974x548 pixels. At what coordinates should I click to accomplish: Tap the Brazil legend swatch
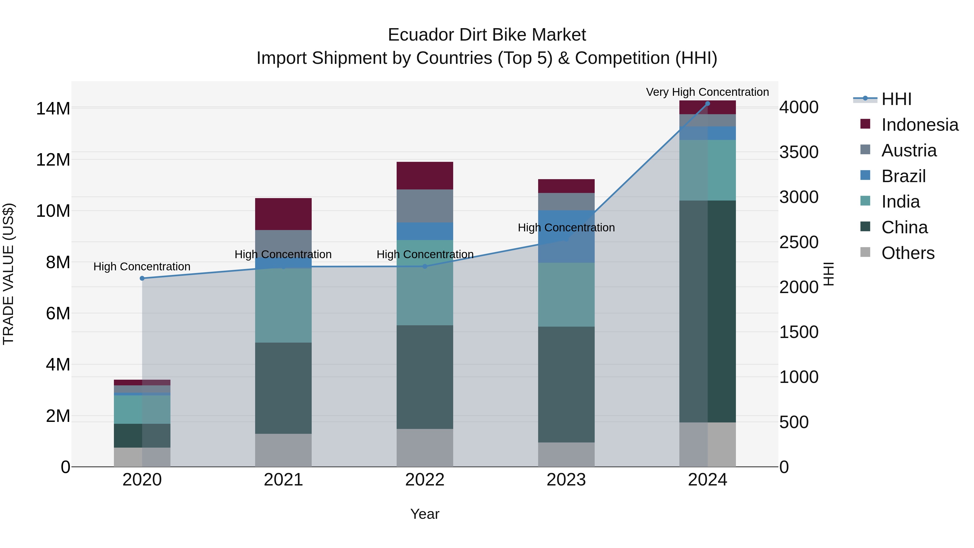pos(865,175)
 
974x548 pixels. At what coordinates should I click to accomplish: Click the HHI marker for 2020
pos(142,278)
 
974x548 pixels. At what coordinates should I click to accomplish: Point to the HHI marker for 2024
pos(708,104)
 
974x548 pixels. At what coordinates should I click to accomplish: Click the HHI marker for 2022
pos(425,266)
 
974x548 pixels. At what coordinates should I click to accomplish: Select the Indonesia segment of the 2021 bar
pos(283,214)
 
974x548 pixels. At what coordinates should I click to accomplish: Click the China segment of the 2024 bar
pos(708,311)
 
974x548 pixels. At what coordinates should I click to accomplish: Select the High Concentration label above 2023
pos(566,228)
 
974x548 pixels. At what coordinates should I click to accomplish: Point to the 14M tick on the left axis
pos(53,109)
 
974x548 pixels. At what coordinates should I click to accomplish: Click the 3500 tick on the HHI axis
pos(799,152)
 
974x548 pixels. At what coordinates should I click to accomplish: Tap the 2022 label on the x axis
pos(425,480)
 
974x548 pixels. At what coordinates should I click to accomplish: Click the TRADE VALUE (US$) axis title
pos(9,274)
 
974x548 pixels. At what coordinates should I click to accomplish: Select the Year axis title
pos(425,514)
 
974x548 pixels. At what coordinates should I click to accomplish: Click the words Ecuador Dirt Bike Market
pos(487,35)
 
